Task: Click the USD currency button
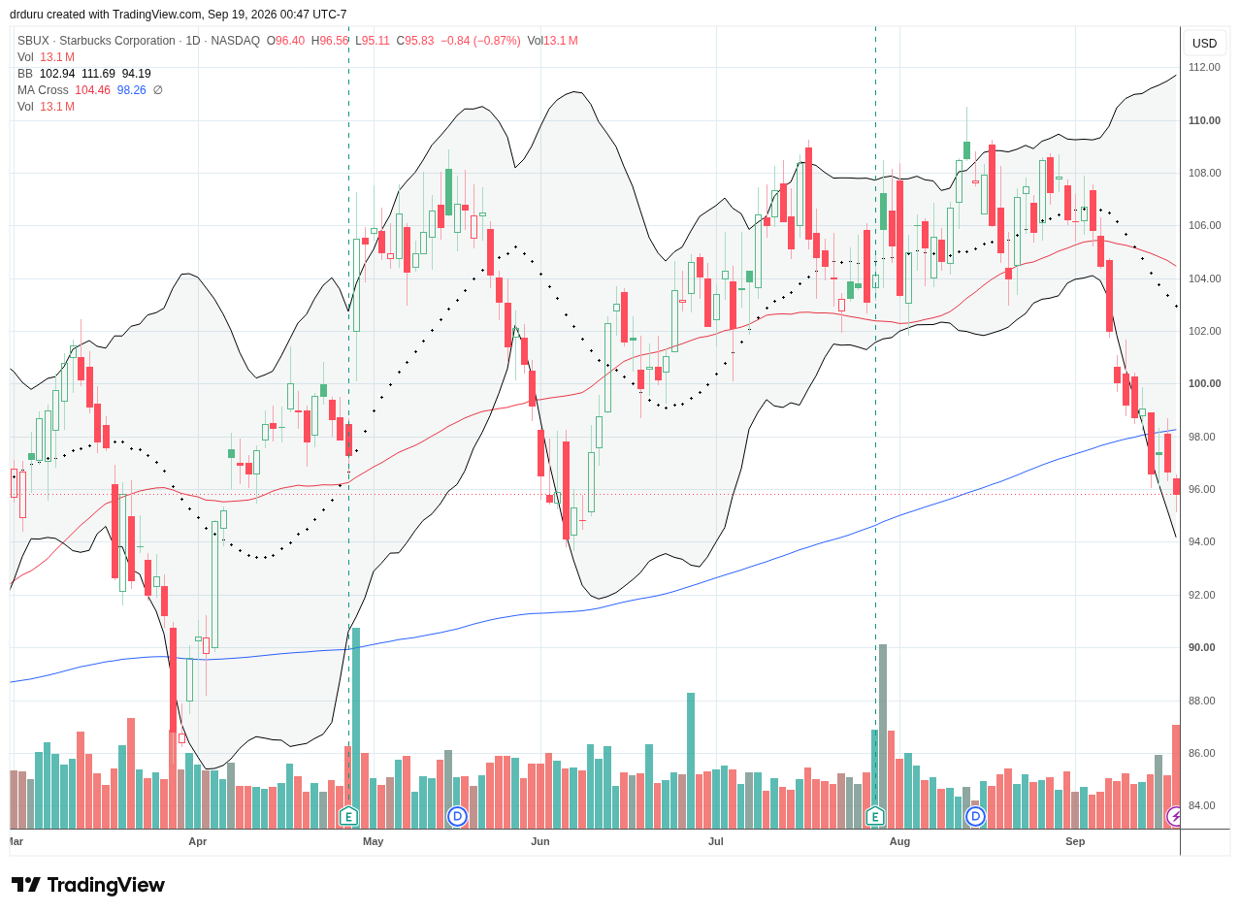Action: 1204,44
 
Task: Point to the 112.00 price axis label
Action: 1204,67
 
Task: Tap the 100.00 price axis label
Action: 1204,383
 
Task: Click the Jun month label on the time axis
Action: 539,841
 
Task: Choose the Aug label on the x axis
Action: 899,841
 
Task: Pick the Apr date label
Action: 198,841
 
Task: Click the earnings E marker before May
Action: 348,817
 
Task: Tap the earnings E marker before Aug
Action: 875,817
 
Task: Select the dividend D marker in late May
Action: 457,817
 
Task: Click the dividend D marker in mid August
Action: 975,817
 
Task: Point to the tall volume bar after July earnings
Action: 882,736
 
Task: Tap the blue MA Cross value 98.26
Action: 131,90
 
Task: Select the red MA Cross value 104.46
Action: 92,90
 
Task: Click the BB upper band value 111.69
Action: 98,74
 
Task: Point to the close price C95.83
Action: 414,41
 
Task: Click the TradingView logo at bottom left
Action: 88,885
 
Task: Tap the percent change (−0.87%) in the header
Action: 497,41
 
